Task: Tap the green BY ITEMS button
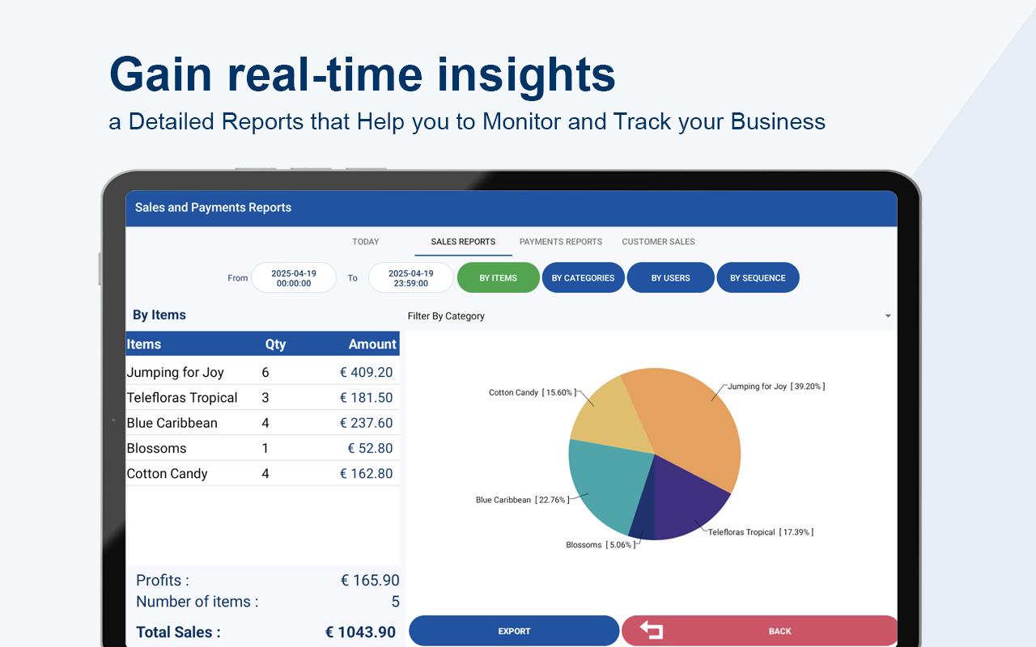click(x=498, y=277)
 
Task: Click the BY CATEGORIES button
click(x=583, y=277)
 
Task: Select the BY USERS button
click(x=670, y=277)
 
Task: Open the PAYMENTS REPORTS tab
click(x=561, y=242)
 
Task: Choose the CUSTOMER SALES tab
click(x=658, y=242)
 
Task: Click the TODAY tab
click(x=365, y=242)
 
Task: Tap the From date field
click(x=294, y=277)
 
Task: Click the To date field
click(x=410, y=277)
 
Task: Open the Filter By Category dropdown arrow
click(x=888, y=316)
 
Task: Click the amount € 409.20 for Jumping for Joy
click(x=367, y=372)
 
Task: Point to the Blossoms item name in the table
click(x=156, y=448)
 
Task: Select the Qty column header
click(x=275, y=345)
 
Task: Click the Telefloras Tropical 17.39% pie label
click(x=760, y=532)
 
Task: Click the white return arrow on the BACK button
click(x=652, y=630)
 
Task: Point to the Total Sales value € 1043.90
click(x=360, y=632)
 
